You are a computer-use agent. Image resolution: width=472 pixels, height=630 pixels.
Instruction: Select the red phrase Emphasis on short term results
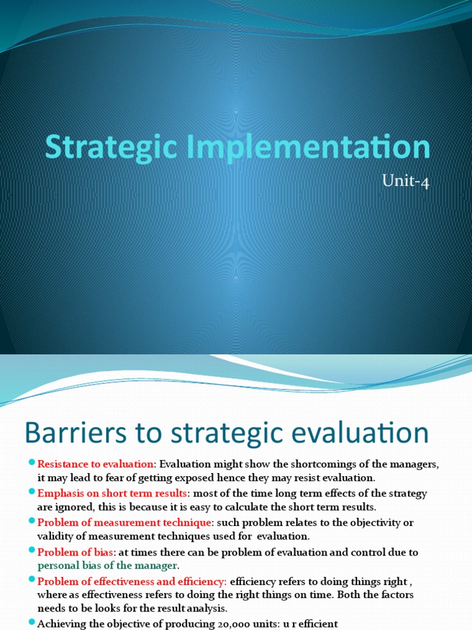pyautogui.click(x=112, y=493)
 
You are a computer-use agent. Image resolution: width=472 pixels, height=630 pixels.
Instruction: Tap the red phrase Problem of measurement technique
pyautogui.click(x=125, y=522)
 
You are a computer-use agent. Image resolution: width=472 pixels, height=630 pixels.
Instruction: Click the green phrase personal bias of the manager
pyautogui.click(x=108, y=565)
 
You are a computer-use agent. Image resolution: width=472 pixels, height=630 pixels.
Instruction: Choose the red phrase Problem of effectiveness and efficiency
pyautogui.click(x=132, y=581)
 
